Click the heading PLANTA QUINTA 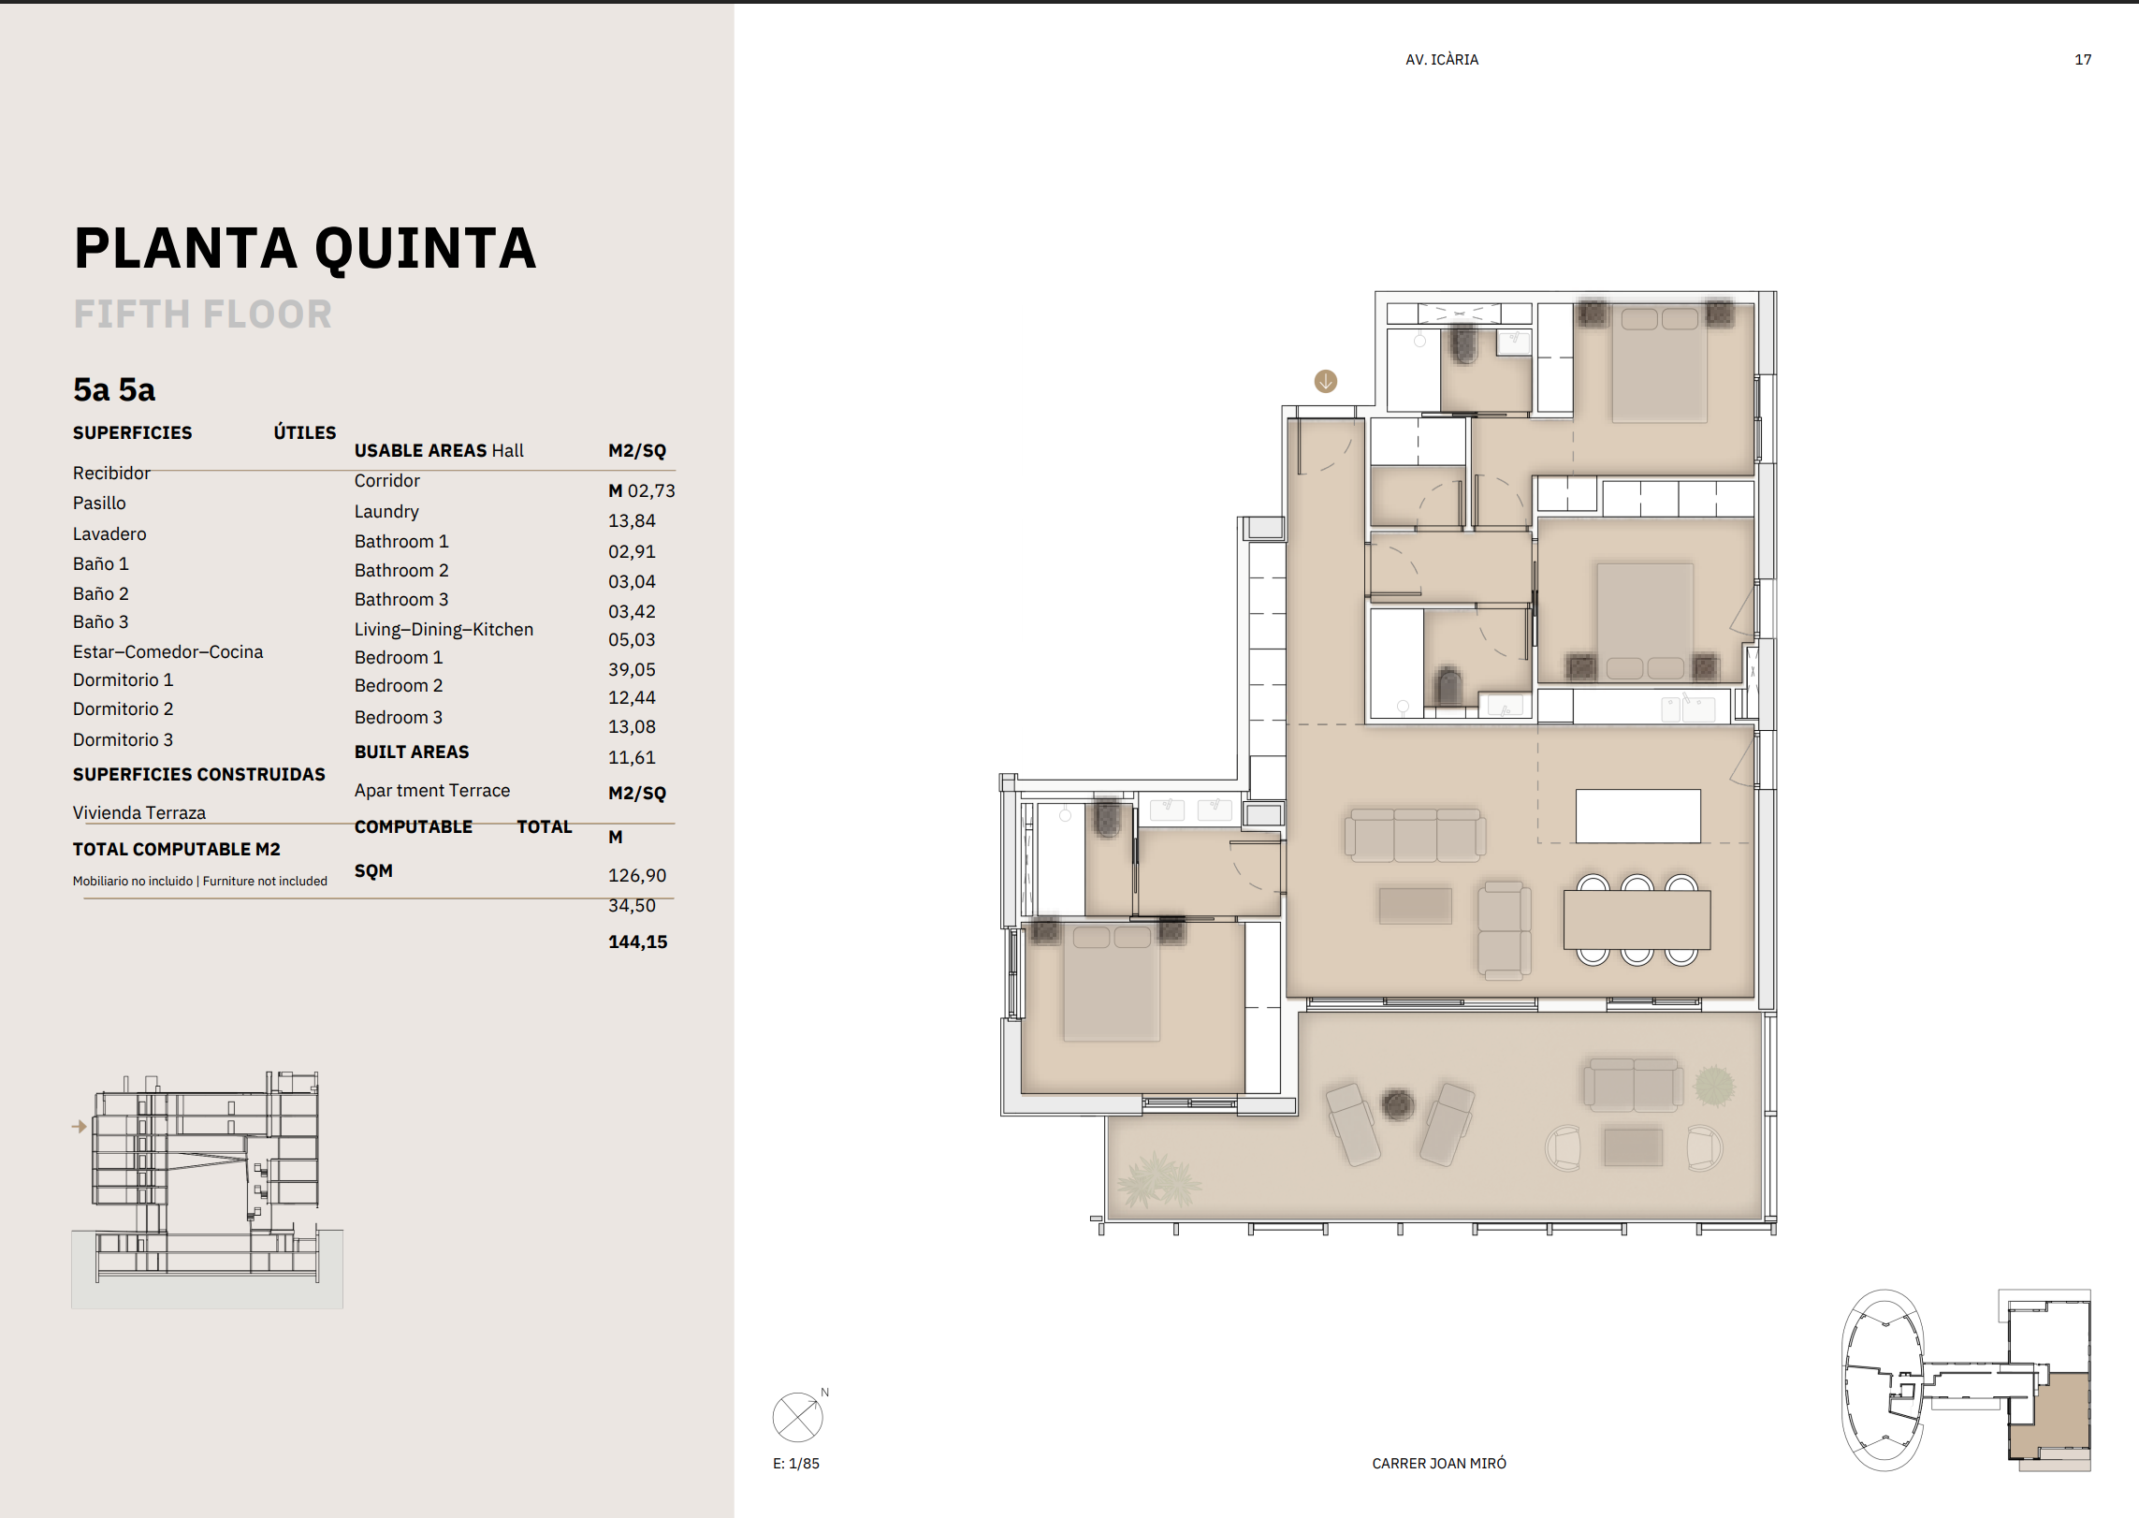(305, 249)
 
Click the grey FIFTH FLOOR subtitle (203, 314)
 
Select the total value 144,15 (637, 941)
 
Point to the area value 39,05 (632, 669)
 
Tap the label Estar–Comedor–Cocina (167, 651)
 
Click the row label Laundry (386, 512)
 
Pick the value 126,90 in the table (637, 875)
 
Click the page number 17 (2083, 60)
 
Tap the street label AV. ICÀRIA (1442, 60)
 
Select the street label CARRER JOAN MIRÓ (1439, 1464)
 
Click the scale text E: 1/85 (796, 1464)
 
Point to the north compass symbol (798, 1417)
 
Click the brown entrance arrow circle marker (1326, 382)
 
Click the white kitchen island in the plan (1637, 816)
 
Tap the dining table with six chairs (1637, 920)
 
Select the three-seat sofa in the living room (1415, 835)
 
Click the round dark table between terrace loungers (1398, 1105)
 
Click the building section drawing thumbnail (207, 1189)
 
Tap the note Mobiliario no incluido (133, 882)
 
